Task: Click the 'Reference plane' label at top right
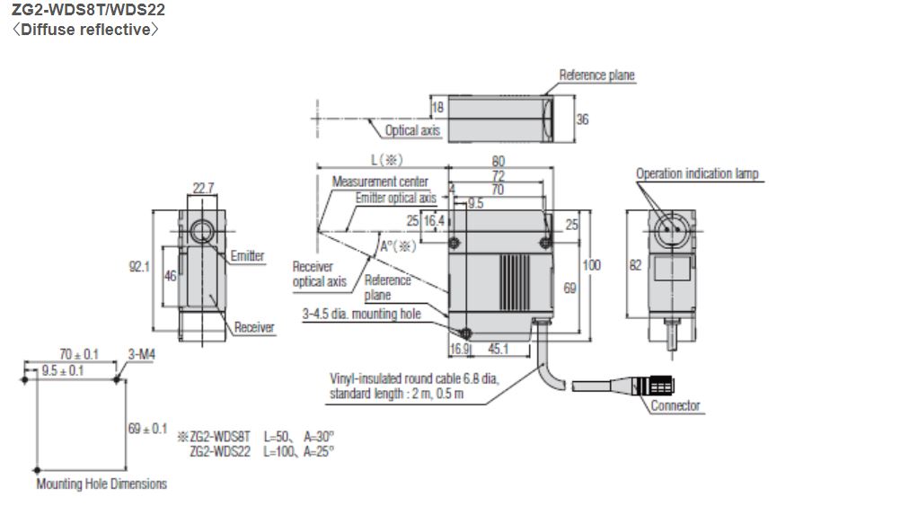coord(596,75)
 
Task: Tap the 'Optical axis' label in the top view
coord(412,131)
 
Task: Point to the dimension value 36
coord(582,119)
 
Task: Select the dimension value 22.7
coord(203,188)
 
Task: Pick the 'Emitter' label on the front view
coord(247,256)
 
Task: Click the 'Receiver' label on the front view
coord(253,327)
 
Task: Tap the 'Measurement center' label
coord(380,182)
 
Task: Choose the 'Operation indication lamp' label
coord(697,173)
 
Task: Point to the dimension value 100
coord(591,265)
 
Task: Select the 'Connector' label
coord(675,405)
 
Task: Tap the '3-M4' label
coord(142,355)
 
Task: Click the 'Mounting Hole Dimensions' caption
coord(101,484)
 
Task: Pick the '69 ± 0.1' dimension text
coord(147,429)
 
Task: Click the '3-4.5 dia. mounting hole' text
coord(362,314)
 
